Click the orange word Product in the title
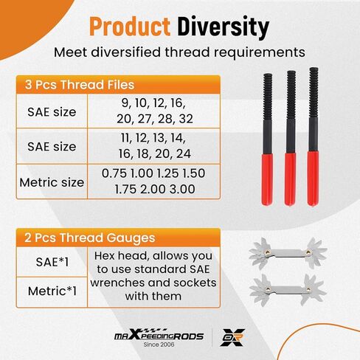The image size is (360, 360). tap(130, 27)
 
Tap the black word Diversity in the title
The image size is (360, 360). tap(224, 27)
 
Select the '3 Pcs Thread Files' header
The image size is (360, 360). tap(80, 85)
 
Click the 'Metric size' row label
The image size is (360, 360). tap(52, 182)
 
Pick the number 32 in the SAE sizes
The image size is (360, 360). tap(186, 119)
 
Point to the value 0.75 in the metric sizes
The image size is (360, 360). tap(115, 173)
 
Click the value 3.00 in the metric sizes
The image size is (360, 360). tap(182, 189)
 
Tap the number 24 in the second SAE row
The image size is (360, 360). tap(184, 154)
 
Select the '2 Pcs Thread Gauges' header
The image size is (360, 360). tap(90, 238)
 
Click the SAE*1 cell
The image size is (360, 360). tap(52, 262)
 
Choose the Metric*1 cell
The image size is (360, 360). tap(52, 291)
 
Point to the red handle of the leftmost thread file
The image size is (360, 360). tap(267, 179)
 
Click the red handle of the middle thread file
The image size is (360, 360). tap(290, 179)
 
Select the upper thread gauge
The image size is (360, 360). tap(288, 253)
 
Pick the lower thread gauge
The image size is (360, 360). tap(288, 290)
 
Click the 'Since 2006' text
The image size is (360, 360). tap(159, 345)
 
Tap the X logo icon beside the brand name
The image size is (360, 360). tap(232, 337)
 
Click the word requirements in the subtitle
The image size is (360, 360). tap(259, 52)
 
